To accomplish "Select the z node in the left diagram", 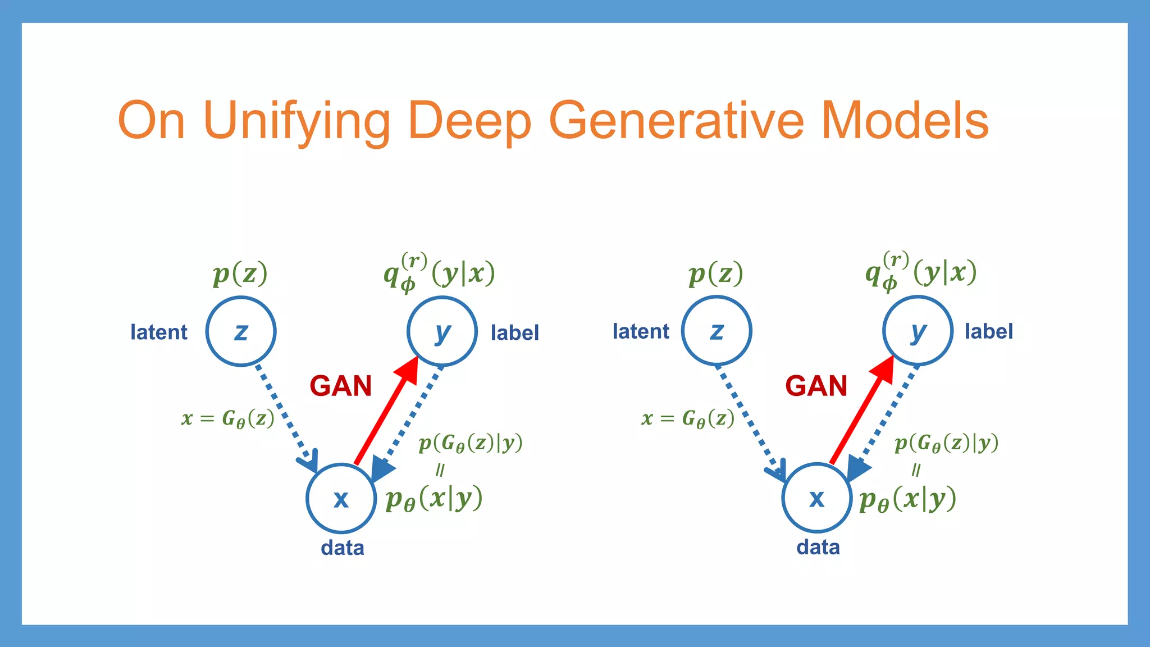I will [x=241, y=331].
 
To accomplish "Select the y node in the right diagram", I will [x=918, y=331].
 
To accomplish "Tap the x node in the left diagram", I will [x=341, y=498].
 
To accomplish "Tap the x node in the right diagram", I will [x=816, y=498].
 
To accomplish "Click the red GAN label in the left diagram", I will [x=340, y=386].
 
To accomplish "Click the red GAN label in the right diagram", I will [x=816, y=386].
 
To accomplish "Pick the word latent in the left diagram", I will [x=159, y=332].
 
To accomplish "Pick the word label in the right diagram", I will [x=988, y=331].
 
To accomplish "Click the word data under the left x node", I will [x=342, y=548].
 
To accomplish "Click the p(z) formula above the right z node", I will [x=715, y=274].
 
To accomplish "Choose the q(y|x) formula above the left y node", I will [x=439, y=273].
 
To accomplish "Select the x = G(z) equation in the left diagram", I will [x=228, y=418].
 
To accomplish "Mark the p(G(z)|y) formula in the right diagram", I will [x=946, y=443].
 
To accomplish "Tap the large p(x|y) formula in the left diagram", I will [x=433, y=498].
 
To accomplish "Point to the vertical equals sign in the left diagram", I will [x=440, y=470].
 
